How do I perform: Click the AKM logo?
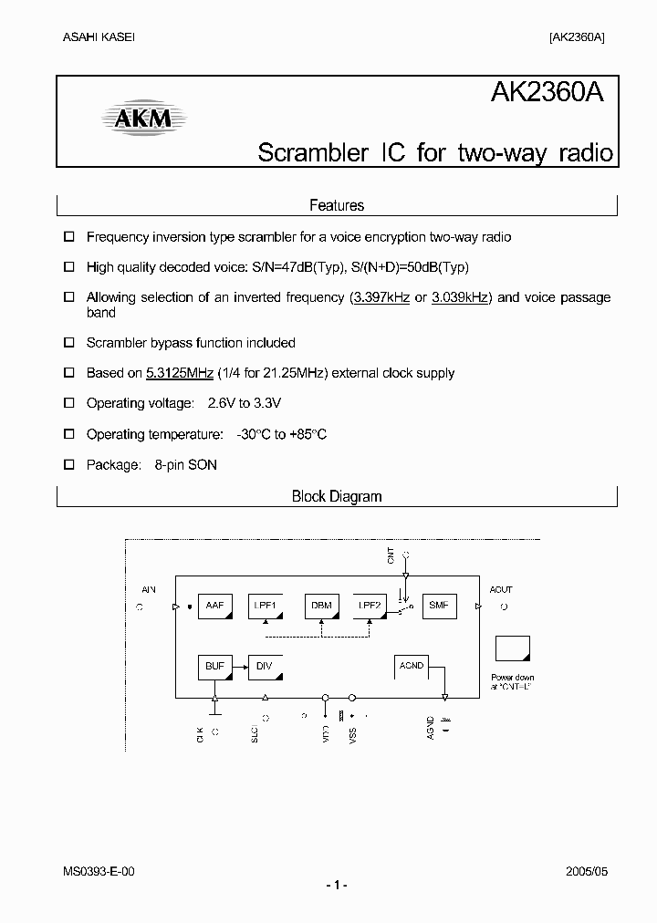point(142,118)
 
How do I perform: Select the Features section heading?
point(337,206)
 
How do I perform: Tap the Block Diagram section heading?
point(337,497)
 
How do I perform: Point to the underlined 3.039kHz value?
point(460,297)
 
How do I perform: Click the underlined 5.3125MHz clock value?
point(180,373)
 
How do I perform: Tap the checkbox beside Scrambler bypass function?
point(68,344)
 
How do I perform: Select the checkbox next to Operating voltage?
point(68,403)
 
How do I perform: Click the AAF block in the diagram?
point(215,607)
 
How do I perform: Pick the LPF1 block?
point(266,607)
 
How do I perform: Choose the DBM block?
point(321,607)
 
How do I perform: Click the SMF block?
point(439,607)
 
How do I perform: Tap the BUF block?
point(215,668)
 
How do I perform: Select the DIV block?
point(266,668)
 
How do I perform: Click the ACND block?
point(412,668)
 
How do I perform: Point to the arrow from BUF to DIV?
point(240,668)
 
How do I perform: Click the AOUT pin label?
point(501,590)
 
